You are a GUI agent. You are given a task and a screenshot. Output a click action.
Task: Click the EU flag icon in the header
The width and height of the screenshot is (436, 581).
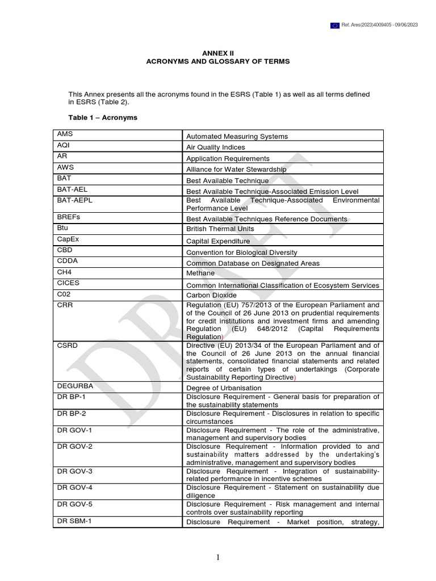335,26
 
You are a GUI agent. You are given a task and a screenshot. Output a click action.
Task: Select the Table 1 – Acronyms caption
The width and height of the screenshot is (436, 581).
103,117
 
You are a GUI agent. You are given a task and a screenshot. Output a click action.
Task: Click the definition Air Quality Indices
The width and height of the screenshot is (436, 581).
216,147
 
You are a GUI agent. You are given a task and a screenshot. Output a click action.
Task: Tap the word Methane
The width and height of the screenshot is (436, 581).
200,273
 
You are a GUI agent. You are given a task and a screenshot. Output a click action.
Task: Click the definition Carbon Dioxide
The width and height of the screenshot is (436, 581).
212,296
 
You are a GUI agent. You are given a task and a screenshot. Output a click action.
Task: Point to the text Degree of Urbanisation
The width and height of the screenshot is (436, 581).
224,388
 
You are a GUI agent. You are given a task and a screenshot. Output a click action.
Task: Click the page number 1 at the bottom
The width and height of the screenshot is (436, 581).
218,558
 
